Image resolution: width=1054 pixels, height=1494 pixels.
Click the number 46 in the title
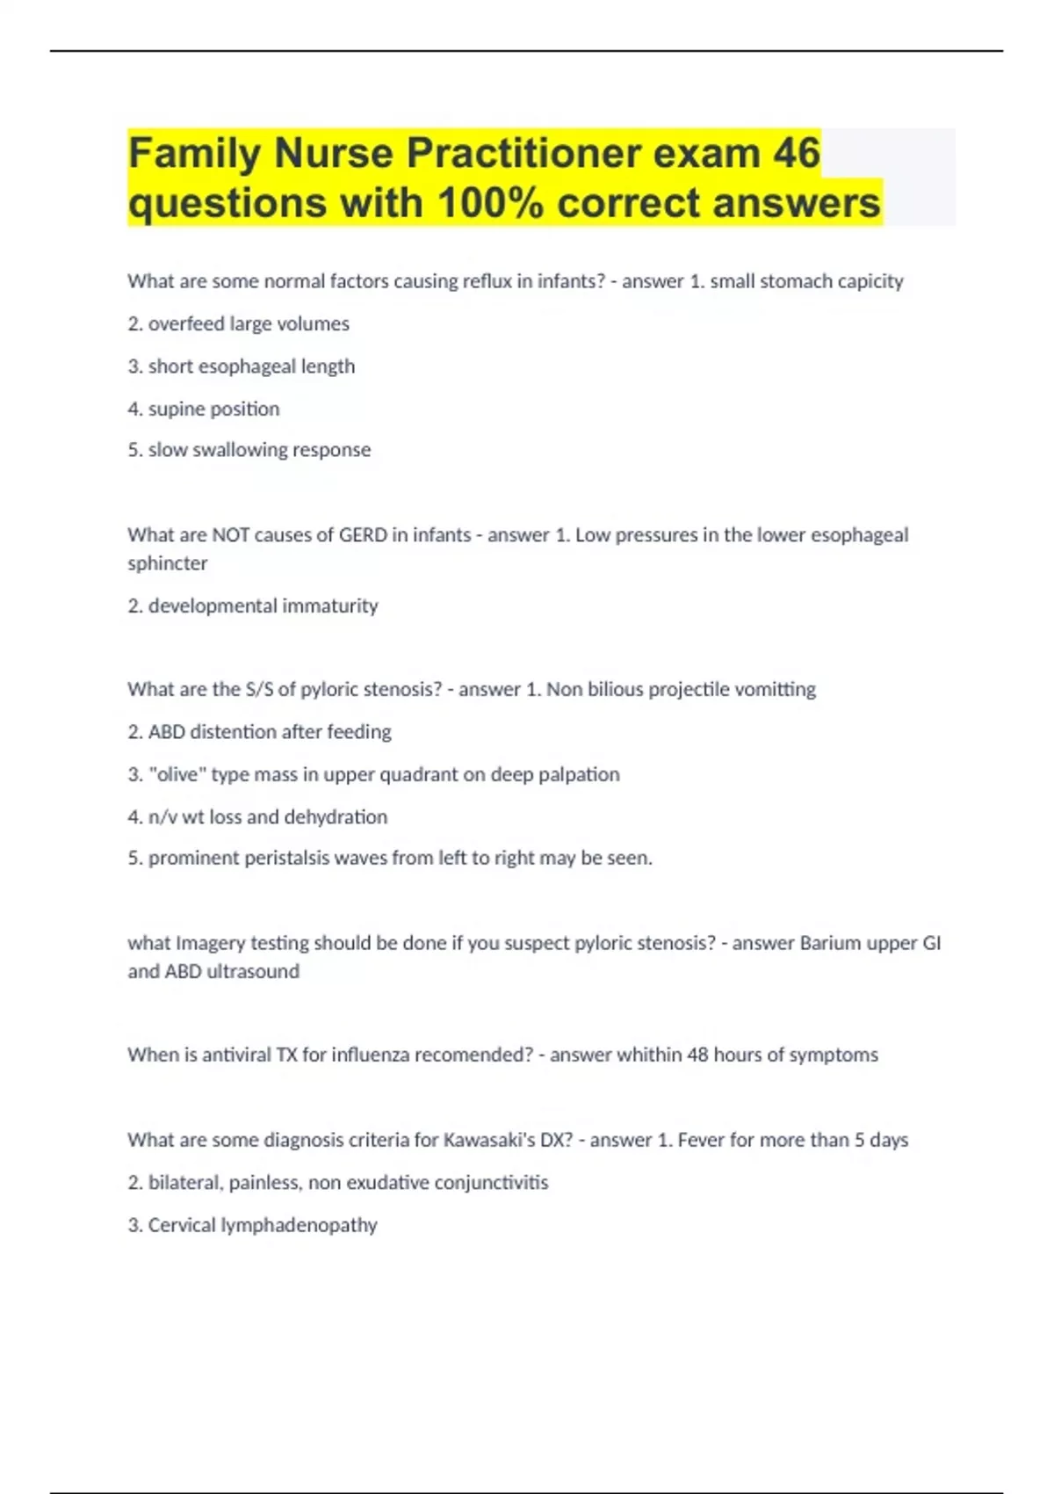[x=797, y=153]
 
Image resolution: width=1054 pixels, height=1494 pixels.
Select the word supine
[x=176, y=409]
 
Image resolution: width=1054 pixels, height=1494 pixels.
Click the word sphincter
[x=167, y=563]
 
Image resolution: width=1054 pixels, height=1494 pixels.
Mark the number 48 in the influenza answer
[x=697, y=1055]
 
